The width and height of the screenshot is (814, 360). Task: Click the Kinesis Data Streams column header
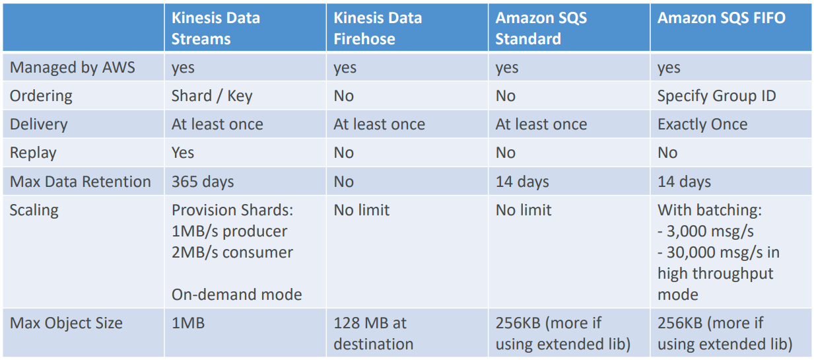215,28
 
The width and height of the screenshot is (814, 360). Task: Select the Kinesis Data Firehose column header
378,28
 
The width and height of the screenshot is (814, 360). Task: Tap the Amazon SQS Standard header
541,28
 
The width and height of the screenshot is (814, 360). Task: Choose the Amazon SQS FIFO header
721,18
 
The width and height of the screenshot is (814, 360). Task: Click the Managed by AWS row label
72,67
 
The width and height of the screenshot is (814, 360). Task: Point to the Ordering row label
41,96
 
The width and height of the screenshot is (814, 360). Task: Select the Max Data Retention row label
80,182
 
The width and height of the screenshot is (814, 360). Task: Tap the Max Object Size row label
66,323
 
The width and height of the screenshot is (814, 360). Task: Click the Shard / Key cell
211,96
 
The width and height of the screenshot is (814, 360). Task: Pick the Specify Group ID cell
716,96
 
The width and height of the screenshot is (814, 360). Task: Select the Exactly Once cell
702,124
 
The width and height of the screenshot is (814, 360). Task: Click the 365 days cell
203,182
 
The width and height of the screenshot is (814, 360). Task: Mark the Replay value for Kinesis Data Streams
183,153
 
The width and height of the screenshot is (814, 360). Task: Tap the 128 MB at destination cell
373,333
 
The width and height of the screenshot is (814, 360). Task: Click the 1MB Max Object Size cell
188,323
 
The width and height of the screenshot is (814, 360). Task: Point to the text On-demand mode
236,295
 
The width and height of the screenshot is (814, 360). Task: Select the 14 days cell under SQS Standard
522,182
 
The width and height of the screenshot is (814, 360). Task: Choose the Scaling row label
34,210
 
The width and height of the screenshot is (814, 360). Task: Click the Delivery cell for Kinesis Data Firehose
379,124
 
